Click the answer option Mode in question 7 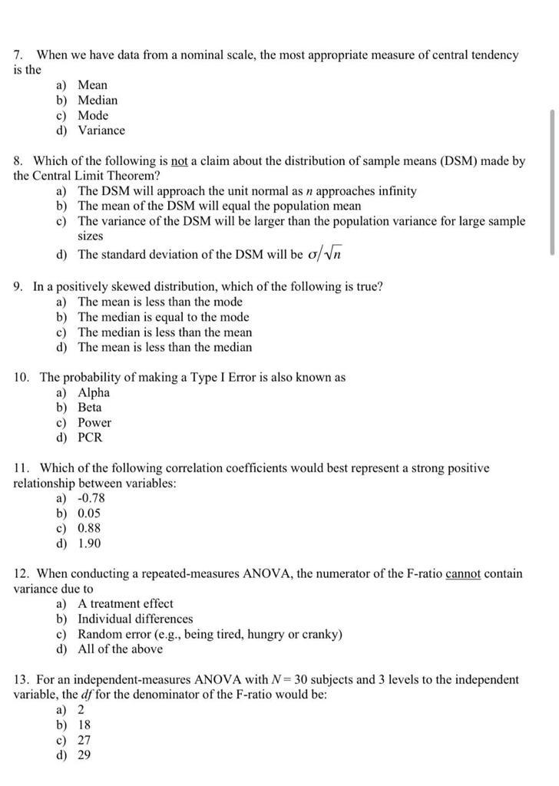[x=93, y=115]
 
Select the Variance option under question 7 [x=101, y=130]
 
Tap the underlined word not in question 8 [x=179, y=161]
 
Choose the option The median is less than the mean [x=164, y=332]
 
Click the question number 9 [x=18, y=286]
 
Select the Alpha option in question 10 [x=94, y=392]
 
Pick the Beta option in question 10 [x=89, y=408]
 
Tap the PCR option [x=89, y=438]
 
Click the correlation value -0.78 [x=91, y=498]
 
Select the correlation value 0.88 [x=89, y=528]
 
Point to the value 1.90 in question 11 [x=89, y=543]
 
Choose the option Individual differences [x=135, y=619]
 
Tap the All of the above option [x=120, y=649]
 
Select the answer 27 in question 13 [x=84, y=740]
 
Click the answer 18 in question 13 [x=84, y=725]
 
